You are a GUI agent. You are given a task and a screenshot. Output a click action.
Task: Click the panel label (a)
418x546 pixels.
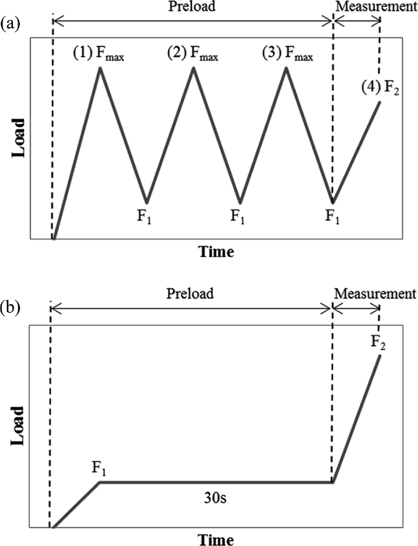click(x=10, y=25)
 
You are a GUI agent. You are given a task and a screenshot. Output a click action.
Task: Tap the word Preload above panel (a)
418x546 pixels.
click(x=192, y=7)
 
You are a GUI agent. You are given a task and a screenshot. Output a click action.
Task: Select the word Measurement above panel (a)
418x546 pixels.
click(x=376, y=7)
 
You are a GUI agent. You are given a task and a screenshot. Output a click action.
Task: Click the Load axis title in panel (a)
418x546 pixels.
click(x=19, y=138)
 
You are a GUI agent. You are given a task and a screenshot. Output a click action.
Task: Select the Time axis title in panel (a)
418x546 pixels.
click(x=216, y=251)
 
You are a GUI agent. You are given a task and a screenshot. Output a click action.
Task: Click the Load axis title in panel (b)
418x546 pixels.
click(x=19, y=425)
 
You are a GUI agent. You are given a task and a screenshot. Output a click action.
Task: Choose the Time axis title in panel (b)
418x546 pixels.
click(x=216, y=539)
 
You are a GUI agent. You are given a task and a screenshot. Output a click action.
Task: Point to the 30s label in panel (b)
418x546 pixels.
click(x=215, y=498)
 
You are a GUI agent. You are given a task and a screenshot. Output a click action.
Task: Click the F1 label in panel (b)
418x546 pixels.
click(x=99, y=469)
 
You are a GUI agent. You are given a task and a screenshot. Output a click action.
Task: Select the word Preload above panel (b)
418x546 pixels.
click(x=190, y=293)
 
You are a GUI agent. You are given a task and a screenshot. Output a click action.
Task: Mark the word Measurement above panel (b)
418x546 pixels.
click(x=375, y=293)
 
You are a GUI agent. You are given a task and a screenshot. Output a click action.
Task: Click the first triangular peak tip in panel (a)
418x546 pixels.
click(x=100, y=67)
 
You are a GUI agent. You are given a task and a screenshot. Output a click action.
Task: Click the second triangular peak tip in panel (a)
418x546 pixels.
click(x=194, y=67)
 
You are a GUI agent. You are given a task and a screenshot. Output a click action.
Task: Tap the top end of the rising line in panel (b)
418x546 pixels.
click(x=380, y=356)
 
